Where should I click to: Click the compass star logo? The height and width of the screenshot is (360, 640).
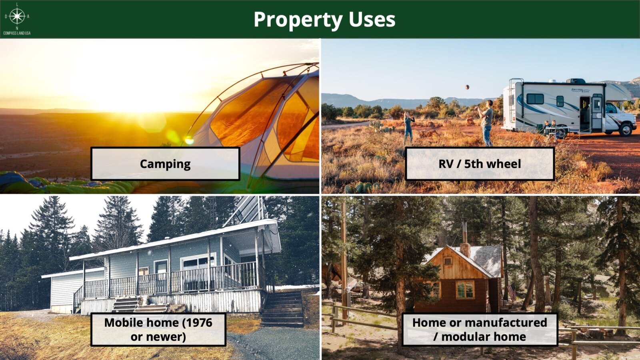17,16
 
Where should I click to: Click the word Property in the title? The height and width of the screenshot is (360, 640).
298,20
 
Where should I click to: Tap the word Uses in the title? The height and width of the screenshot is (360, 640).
372,20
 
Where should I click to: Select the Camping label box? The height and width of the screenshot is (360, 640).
165,164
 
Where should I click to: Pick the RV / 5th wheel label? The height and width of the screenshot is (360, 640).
480,164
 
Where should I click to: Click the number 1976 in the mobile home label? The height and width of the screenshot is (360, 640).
199,322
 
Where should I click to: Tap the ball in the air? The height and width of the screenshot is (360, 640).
467,87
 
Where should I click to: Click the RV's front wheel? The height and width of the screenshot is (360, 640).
626,130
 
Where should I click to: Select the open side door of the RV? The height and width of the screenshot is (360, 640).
584,114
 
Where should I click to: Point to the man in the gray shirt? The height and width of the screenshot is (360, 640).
486,123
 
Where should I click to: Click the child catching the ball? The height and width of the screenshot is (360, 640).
408,128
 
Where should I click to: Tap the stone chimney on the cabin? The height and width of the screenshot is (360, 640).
465,250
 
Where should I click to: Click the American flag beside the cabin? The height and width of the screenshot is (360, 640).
512,292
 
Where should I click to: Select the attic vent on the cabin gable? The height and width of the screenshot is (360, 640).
448,261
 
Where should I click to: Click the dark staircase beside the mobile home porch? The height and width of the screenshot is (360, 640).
282,308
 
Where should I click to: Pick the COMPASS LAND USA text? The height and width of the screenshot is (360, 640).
17,33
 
